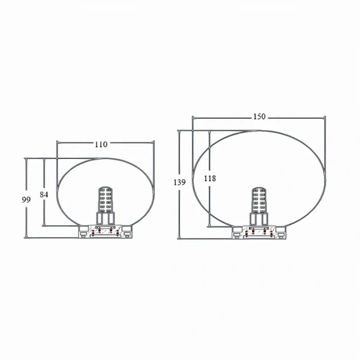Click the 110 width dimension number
click(101, 144)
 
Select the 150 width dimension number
click(259, 116)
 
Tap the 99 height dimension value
click(26, 200)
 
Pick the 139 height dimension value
click(179, 182)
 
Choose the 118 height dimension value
click(209, 178)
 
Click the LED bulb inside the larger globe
click(260, 200)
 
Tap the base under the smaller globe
click(106, 232)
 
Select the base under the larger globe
click(260, 233)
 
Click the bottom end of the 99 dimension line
click(26, 238)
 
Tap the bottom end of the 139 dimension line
click(179, 238)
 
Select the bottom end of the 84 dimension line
click(44, 226)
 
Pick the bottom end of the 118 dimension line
click(209, 227)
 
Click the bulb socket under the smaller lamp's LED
click(106, 220)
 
